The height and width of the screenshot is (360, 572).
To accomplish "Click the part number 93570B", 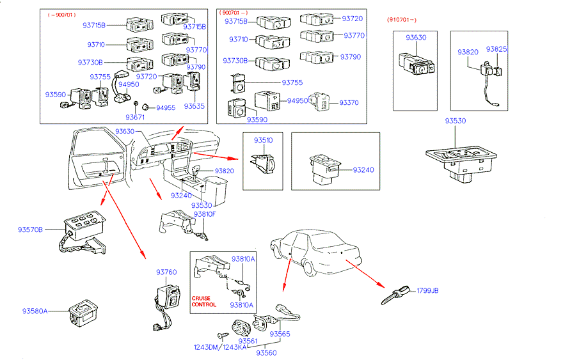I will tap(30, 228).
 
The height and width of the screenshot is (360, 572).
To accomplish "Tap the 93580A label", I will tap(35, 311).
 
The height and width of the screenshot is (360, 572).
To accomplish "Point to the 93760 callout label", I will tap(166, 272).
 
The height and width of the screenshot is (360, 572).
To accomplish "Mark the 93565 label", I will tap(280, 334).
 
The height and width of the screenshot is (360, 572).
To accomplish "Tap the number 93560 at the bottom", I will tap(266, 352).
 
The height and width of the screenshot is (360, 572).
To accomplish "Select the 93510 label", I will tap(262, 140).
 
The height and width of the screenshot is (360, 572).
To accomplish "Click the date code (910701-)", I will tap(405, 20).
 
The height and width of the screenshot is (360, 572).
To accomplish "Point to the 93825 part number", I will tap(496, 49).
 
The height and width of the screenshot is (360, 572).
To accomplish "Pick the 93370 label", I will tap(349, 102).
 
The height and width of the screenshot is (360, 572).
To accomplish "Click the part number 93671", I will tap(135, 118).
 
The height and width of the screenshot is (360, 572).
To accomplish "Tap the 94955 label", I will tap(166, 108).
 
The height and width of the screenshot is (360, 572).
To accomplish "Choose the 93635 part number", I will tap(195, 106).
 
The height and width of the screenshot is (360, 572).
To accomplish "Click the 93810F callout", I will tap(205, 214).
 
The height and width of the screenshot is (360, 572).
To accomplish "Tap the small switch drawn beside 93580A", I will tap(83, 311).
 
